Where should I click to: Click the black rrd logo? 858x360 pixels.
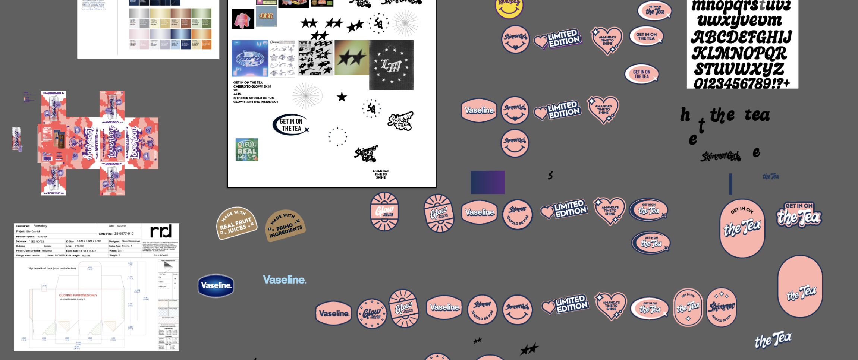[161, 231]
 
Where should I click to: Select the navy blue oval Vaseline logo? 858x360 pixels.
[216, 285]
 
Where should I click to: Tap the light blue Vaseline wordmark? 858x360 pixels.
[285, 280]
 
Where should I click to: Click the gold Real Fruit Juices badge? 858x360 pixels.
[236, 223]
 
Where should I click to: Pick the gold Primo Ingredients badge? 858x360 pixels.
[285, 225]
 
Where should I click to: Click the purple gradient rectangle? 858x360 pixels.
[487, 182]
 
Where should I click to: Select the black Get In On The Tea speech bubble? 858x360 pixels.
[291, 125]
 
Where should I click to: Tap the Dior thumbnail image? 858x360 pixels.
[266, 16]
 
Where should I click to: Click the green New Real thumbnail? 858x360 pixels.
[247, 149]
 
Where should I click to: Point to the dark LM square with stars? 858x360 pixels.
[391, 65]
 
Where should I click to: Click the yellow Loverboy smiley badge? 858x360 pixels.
[509, 7]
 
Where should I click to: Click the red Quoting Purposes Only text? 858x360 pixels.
[78, 295]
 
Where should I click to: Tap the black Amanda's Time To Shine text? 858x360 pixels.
[381, 174]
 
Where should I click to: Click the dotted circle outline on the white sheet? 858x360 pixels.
[337, 137]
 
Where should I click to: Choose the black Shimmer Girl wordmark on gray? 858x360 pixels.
[720, 156]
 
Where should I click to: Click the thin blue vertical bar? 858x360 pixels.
[730, 184]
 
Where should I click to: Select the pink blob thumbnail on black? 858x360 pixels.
[243, 19]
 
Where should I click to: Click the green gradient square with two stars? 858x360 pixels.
[352, 58]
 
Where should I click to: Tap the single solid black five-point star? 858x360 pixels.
[342, 97]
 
